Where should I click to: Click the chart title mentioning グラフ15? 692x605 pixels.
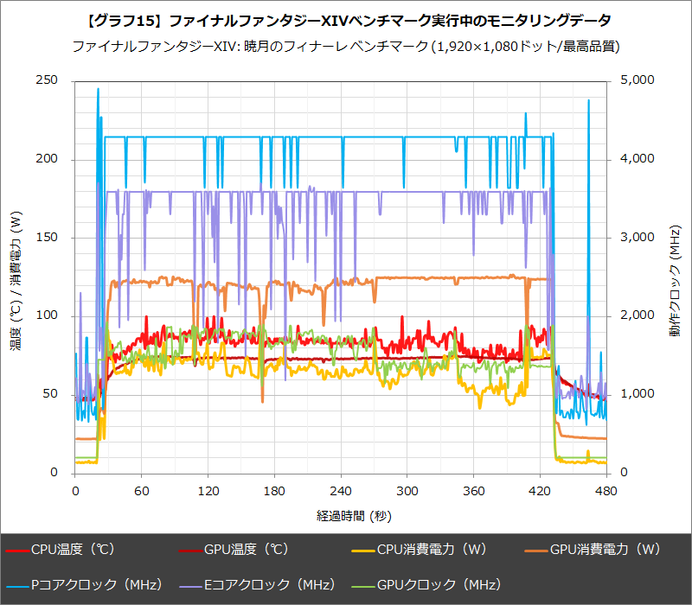pos(346,19)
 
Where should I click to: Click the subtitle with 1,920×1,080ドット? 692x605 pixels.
pos(346,46)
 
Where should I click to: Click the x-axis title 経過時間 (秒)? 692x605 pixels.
pos(341,516)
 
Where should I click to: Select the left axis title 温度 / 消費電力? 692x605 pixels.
pos(16,277)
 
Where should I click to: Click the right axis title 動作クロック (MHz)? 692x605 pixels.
pos(676,277)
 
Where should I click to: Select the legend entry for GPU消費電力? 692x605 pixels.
pos(597,549)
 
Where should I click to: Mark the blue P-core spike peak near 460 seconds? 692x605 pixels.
pos(588,100)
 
